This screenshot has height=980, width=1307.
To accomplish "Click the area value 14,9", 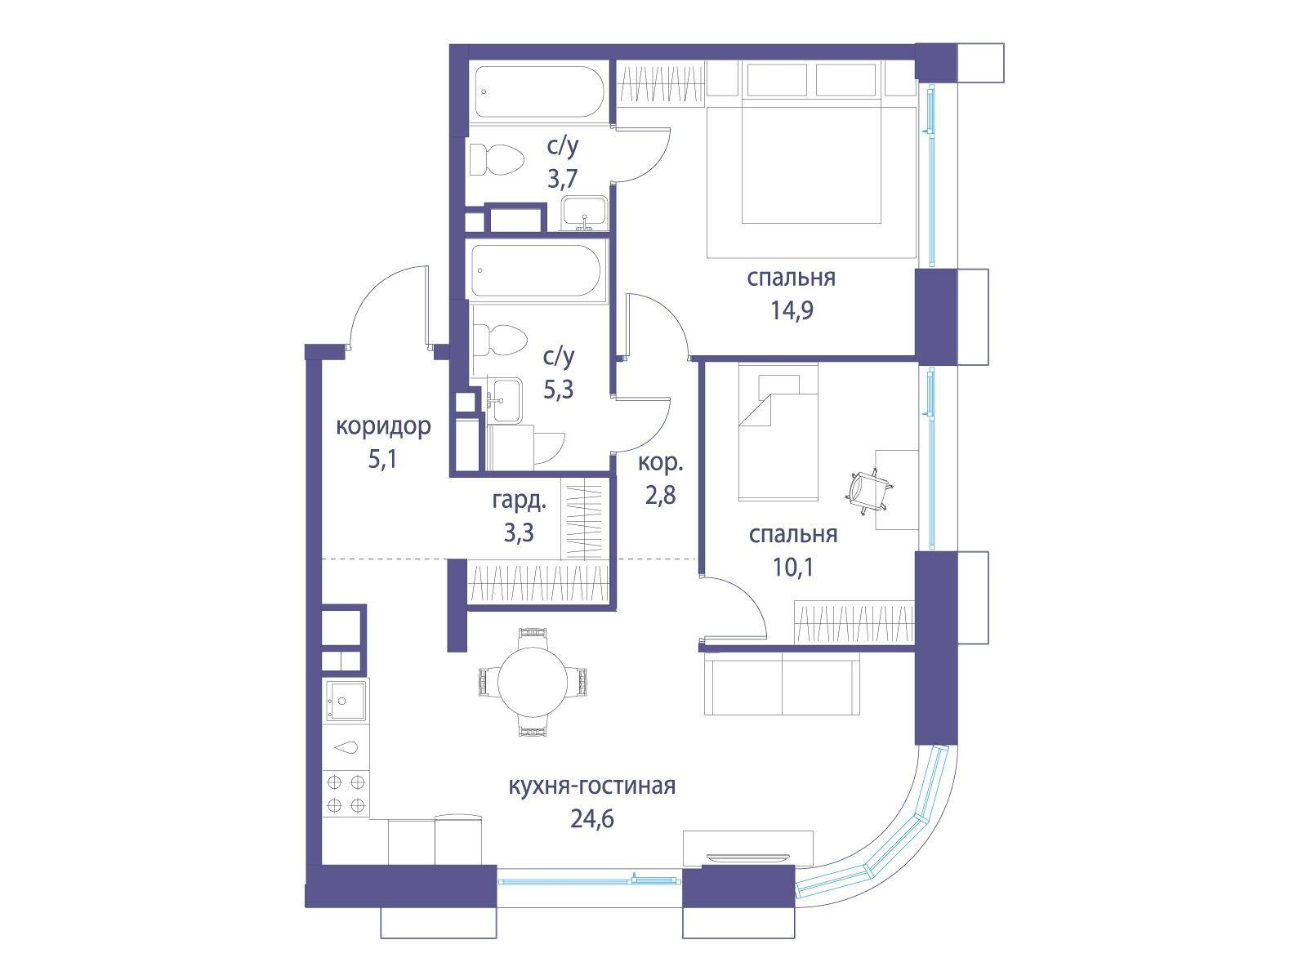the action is (x=792, y=310).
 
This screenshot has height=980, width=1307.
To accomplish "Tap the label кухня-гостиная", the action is (x=592, y=786).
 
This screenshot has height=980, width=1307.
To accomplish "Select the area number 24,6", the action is (x=592, y=819).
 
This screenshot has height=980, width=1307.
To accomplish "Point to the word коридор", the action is (x=383, y=426).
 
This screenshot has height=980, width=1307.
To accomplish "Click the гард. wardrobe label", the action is (x=519, y=501).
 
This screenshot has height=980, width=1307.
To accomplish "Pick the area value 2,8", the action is (x=660, y=495).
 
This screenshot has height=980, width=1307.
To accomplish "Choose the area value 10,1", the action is (x=793, y=568).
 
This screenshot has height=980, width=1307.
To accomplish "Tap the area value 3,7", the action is (x=563, y=179).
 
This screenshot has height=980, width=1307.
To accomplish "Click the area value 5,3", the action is (x=559, y=390).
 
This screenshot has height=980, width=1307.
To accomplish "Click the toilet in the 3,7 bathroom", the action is (x=496, y=159).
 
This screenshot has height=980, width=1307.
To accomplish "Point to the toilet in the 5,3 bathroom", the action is (x=499, y=341).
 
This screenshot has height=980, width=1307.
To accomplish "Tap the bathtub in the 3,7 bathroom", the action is (x=539, y=91).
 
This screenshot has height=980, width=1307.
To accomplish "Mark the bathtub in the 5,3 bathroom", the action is (x=536, y=271).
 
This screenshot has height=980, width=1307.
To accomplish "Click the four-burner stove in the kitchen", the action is (x=346, y=794).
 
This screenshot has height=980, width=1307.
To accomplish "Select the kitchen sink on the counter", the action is (x=346, y=701).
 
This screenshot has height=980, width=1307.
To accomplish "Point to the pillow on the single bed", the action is (x=778, y=388).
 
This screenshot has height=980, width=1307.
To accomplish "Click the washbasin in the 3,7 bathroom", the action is (x=586, y=213).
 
